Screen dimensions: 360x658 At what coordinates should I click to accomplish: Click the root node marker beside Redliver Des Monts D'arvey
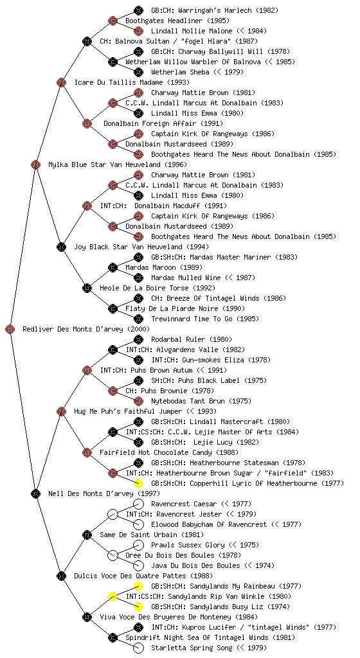(10, 329)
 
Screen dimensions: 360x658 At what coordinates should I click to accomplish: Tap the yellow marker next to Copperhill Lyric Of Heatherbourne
(138, 483)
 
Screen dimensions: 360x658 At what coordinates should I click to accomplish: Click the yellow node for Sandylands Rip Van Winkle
(113, 596)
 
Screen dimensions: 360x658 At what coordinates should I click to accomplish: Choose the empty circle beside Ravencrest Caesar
(138, 504)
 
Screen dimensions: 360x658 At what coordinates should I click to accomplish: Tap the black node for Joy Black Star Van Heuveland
(61, 247)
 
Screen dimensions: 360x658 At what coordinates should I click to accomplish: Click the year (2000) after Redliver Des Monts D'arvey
(138, 329)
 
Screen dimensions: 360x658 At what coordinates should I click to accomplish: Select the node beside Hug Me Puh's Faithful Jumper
(61, 411)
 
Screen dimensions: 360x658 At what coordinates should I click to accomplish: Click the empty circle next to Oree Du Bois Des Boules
(113, 555)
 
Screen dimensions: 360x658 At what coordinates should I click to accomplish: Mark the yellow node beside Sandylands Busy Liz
(138, 607)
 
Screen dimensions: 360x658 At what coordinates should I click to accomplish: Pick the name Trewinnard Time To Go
(192, 319)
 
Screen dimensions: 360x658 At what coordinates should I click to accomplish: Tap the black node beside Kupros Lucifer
(138, 627)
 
